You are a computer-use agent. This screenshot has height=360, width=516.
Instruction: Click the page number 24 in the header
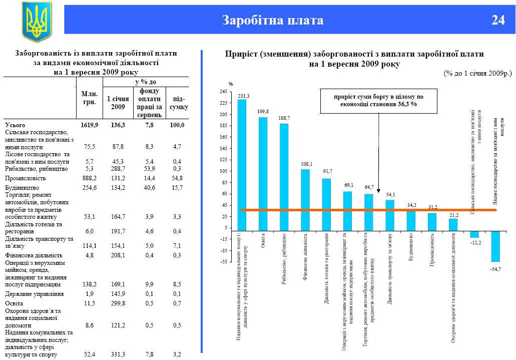coord(498,20)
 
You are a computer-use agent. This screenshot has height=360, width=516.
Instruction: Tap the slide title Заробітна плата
coord(273,20)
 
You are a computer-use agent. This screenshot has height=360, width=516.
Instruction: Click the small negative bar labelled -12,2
coord(474,234)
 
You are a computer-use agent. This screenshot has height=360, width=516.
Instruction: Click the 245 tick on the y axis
coord(223,92)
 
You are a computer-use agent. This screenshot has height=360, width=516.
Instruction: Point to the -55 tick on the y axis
coord(223,262)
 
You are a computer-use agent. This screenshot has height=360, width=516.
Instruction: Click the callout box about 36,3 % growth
coord(379,100)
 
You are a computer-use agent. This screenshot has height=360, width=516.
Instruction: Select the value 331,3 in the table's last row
coord(118,355)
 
